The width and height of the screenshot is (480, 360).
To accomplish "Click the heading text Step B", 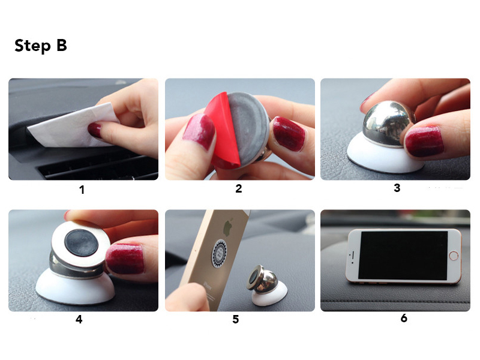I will [40, 46].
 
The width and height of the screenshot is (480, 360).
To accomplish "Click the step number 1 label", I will [82, 190].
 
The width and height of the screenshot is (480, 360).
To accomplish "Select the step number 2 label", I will [238, 189].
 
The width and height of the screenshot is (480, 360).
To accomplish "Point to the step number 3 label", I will [397, 188].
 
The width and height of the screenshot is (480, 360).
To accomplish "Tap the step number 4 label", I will [79, 319].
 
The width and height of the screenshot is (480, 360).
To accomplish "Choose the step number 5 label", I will [235, 319].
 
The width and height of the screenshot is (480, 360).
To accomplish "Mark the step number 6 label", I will [404, 318].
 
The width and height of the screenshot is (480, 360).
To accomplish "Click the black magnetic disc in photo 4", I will [82, 241].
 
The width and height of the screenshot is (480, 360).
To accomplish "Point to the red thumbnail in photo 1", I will [96, 130].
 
